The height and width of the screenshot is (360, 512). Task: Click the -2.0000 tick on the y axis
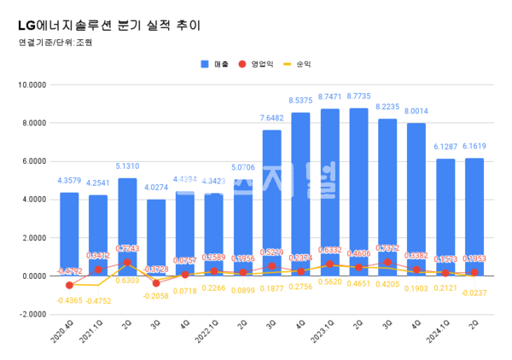[x=32, y=314]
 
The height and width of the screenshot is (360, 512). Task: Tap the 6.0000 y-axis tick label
[x=32, y=161]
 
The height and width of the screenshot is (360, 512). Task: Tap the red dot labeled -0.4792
[x=69, y=285]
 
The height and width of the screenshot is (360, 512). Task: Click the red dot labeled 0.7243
[x=128, y=263]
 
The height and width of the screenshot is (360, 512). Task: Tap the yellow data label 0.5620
[x=330, y=281]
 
